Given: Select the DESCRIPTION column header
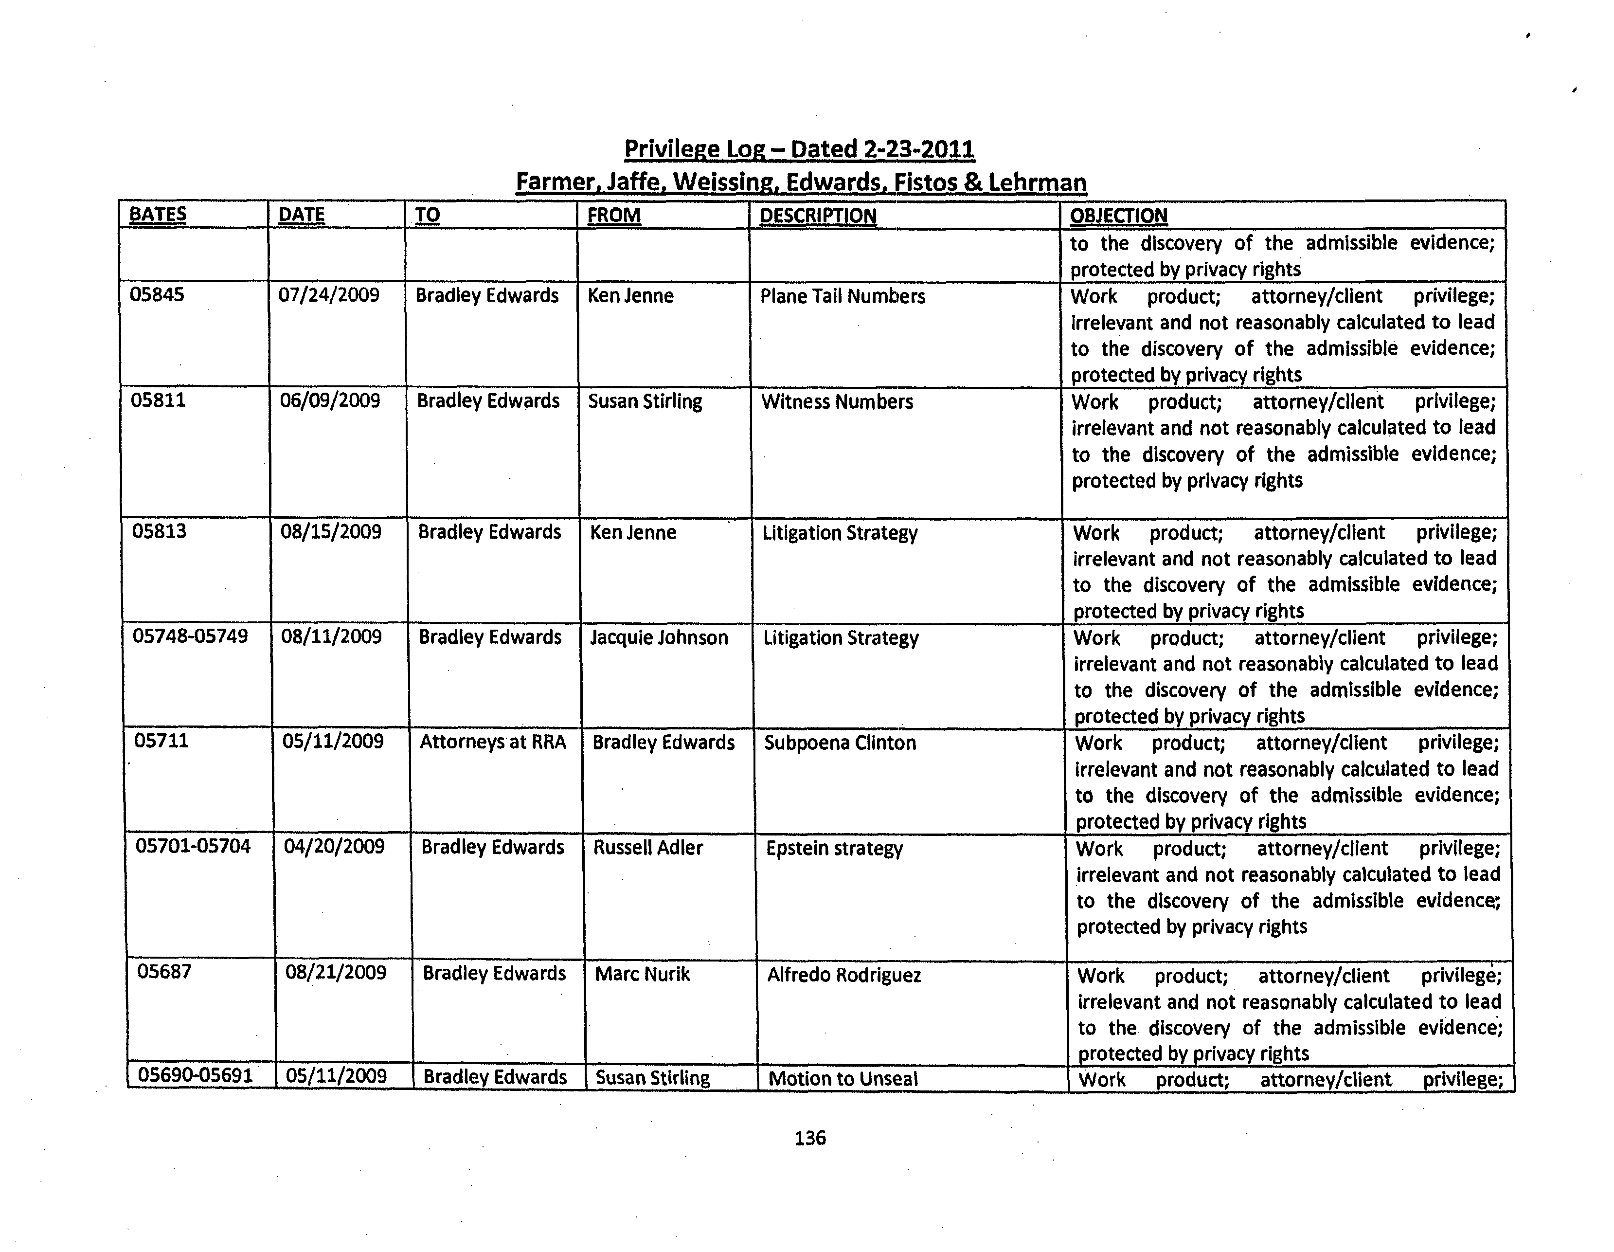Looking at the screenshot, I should (817, 216).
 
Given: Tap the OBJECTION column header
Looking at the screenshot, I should (1118, 216).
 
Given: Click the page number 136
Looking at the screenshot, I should (810, 1138).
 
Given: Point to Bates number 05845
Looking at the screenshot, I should (157, 295).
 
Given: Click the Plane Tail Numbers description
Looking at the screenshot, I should (843, 296).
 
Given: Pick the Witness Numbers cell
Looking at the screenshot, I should (837, 402).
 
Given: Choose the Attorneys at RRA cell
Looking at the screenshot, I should (493, 742).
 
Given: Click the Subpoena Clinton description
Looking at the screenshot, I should (840, 743).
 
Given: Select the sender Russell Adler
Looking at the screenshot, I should (648, 848).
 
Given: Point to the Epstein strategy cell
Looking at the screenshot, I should (834, 849).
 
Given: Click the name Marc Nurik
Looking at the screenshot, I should (642, 974).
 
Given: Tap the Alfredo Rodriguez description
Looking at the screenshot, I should (844, 976).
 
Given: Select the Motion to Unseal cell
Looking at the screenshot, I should (843, 1078).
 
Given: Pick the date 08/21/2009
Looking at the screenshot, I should (336, 973).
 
